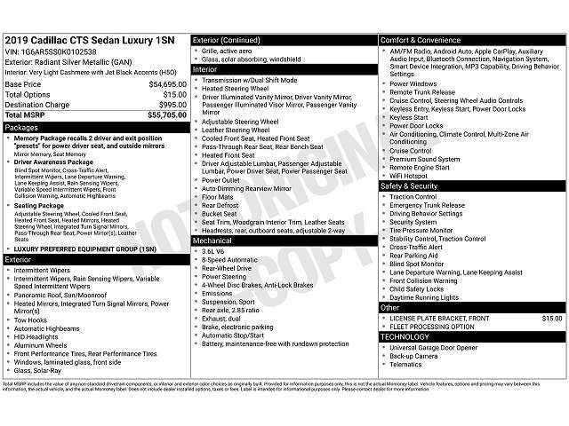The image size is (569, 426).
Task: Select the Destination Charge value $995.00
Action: (170, 105)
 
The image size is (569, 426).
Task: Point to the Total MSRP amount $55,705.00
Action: (166, 115)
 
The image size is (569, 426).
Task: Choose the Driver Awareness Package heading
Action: (52, 162)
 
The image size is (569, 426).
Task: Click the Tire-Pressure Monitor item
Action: (423, 230)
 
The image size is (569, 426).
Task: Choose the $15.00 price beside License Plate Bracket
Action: (552, 317)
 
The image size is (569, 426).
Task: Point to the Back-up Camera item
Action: (414, 355)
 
